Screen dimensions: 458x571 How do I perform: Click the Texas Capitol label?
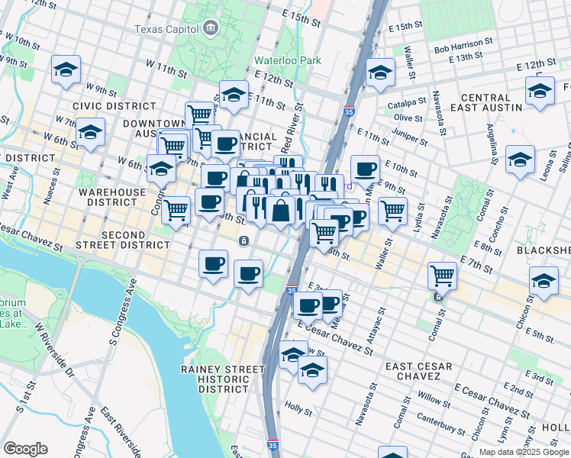[166, 30]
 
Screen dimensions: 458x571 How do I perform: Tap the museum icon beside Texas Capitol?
[209, 30]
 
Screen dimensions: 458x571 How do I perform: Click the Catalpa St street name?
[406, 102]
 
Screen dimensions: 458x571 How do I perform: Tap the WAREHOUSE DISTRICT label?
[114, 198]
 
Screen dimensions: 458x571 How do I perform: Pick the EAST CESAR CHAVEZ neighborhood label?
[412, 371]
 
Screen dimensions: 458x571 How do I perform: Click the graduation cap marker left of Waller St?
[379, 73]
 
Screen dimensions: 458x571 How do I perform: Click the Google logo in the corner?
[25, 449]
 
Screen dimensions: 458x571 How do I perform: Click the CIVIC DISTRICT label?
[103, 106]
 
